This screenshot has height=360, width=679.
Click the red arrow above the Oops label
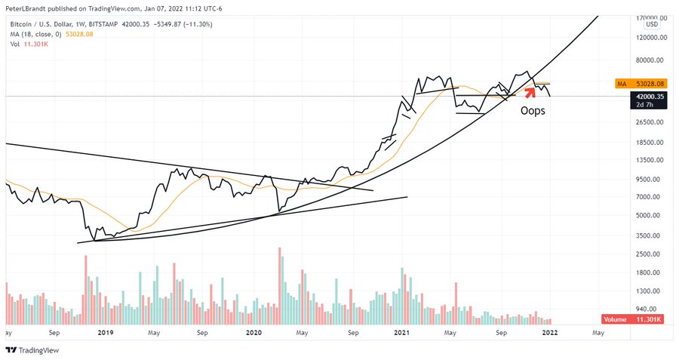pos(530,92)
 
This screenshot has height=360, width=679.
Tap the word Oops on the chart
pos(533,110)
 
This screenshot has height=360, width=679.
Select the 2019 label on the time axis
pos(104,331)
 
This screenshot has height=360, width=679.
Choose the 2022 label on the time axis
pos(549,331)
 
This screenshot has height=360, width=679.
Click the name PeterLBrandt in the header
pos(29,6)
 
